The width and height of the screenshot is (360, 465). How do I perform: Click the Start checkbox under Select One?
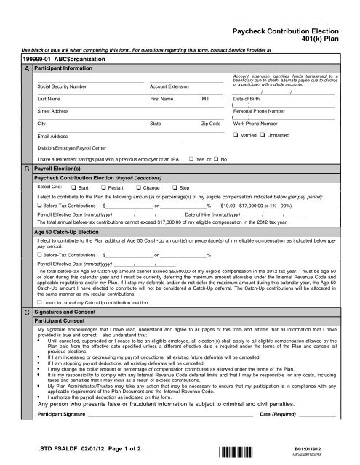74,187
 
